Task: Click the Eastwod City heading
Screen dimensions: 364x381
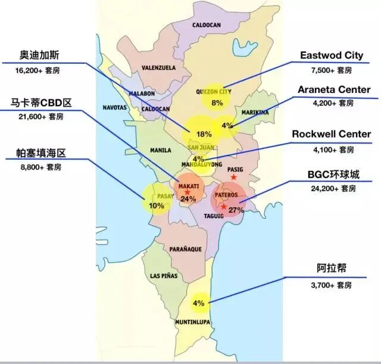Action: coord(332,55)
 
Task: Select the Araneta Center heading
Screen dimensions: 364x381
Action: coord(333,89)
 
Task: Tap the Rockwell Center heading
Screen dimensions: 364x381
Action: coord(331,134)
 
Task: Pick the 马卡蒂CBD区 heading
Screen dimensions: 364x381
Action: coord(41,103)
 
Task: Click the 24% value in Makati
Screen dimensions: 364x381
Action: coord(188,199)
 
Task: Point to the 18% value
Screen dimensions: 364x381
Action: coord(204,134)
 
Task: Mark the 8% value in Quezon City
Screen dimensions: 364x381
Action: coord(217,103)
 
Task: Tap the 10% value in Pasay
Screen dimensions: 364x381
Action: coord(157,206)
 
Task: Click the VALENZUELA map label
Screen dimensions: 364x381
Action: coord(158,68)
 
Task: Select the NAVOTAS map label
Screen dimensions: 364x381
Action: coord(115,108)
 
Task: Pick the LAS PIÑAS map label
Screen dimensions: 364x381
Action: coord(164,276)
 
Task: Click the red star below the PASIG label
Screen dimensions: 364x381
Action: coord(234,178)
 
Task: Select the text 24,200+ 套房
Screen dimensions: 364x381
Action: coord(333,188)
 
